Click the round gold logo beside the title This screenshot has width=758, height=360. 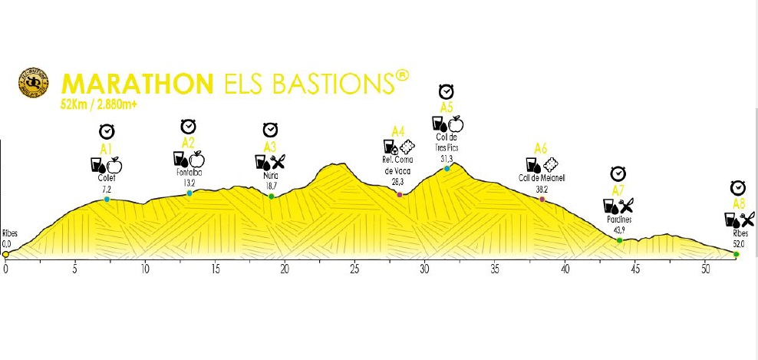click(x=34, y=84)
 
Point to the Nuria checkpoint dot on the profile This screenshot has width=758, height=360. click(x=272, y=197)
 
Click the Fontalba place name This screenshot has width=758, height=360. click(x=189, y=173)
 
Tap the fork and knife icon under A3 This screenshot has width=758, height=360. click(x=278, y=161)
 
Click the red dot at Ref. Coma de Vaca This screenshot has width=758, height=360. click(x=400, y=195)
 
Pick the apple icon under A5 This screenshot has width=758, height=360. click(x=455, y=124)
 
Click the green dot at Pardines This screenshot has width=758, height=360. click(x=619, y=240)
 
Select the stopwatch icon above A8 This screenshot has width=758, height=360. click(x=738, y=188)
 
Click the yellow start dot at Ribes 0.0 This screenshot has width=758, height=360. click(x=5, y=254)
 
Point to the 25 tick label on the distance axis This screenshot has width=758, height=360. click(x=354, y=269)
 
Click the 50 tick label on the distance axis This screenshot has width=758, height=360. click(x=705, y=269)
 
